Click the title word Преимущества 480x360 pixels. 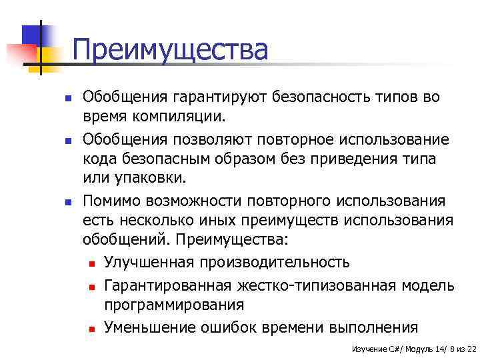point(170,50)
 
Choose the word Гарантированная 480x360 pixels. point(168,285)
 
